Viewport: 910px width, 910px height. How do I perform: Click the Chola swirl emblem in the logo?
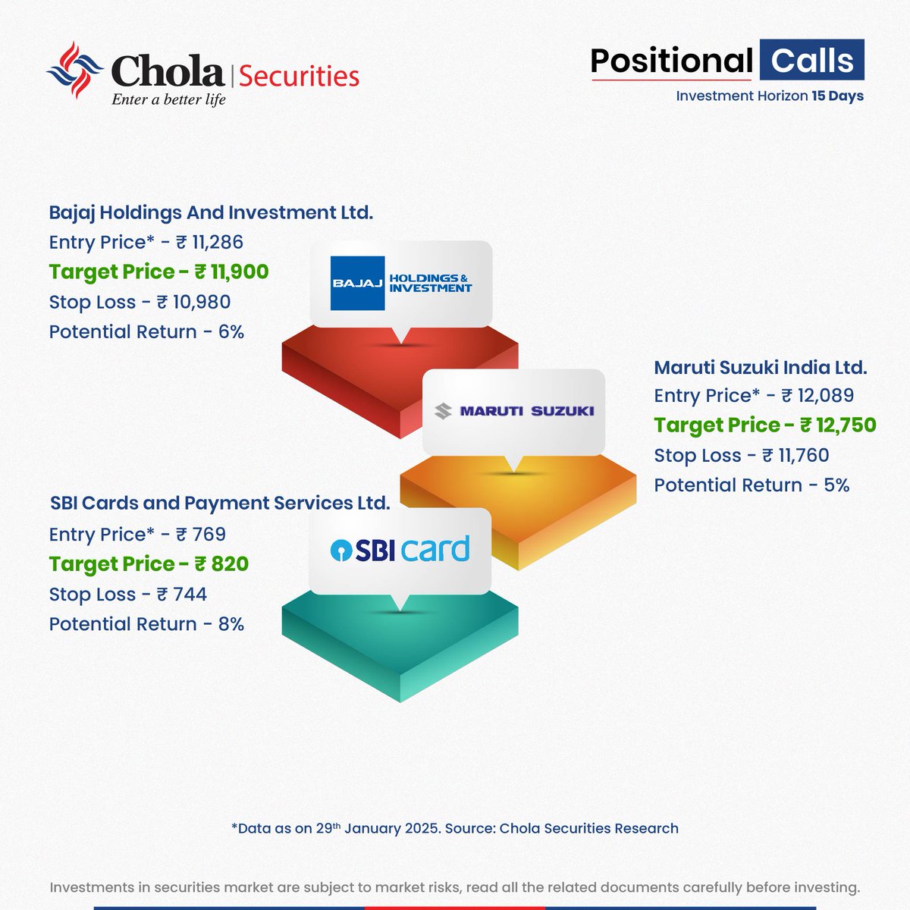74,71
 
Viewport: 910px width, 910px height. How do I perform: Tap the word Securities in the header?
299,76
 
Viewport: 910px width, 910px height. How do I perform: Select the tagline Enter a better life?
168,99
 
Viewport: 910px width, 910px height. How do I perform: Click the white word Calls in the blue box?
811,61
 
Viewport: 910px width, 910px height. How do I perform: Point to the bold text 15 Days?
837,96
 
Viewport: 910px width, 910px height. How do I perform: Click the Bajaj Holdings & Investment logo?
401,284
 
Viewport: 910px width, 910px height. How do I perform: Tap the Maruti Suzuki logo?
513,411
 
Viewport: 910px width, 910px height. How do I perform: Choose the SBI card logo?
400,549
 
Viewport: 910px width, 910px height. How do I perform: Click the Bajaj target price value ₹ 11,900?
231,271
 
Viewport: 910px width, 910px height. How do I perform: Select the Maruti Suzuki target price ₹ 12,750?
838,425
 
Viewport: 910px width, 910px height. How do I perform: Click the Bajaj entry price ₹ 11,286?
209,242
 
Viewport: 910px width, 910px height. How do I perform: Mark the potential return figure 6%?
231,331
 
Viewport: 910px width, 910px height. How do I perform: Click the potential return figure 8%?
231,623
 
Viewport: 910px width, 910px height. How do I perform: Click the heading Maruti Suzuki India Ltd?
760,368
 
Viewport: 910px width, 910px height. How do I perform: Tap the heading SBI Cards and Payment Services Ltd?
220,503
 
